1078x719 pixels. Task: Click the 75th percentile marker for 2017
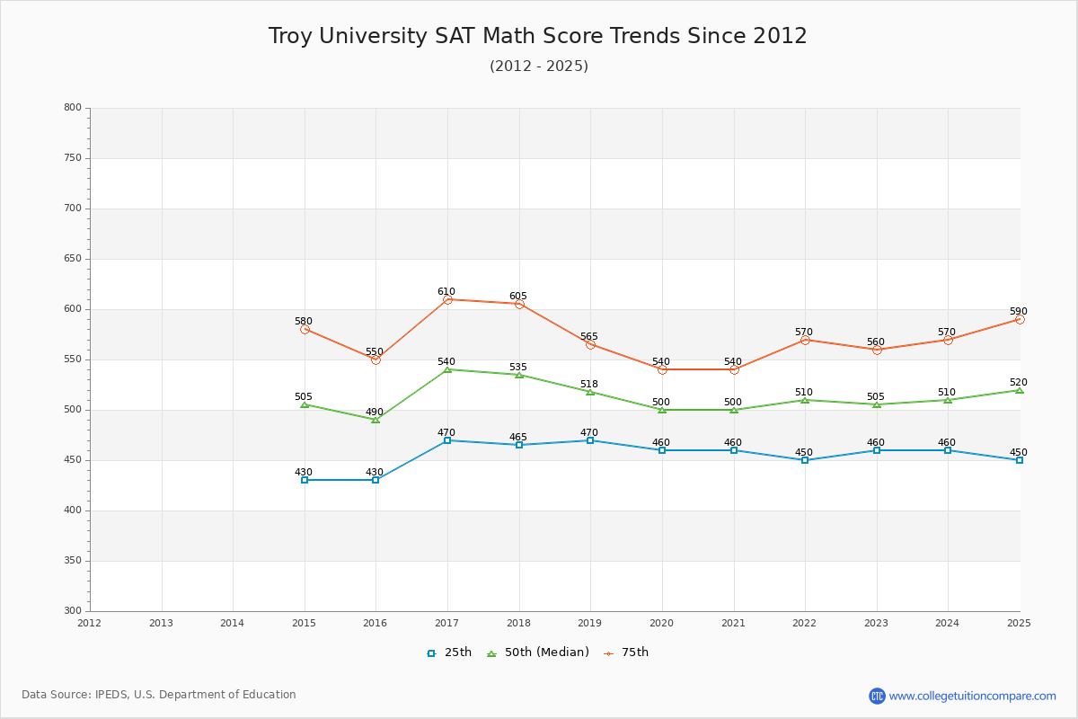447,299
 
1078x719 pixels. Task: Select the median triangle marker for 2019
590,392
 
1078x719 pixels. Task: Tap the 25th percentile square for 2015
305,480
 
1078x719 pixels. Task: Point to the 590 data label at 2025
1018,312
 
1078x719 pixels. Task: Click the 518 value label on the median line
588,385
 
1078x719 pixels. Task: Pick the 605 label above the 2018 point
518,297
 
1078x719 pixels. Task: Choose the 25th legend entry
449,652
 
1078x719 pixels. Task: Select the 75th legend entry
626,652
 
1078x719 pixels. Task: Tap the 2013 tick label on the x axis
161,623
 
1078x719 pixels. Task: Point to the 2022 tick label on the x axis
805,623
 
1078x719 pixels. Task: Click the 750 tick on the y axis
72,158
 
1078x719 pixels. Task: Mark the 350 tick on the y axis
72,561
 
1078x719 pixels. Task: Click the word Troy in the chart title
290,36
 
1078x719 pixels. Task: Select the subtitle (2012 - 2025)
539,67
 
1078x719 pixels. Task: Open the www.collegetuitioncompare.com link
973,696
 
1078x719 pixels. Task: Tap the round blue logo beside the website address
877,696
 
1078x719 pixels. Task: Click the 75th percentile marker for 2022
805,340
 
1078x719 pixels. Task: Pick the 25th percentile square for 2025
1020,460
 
